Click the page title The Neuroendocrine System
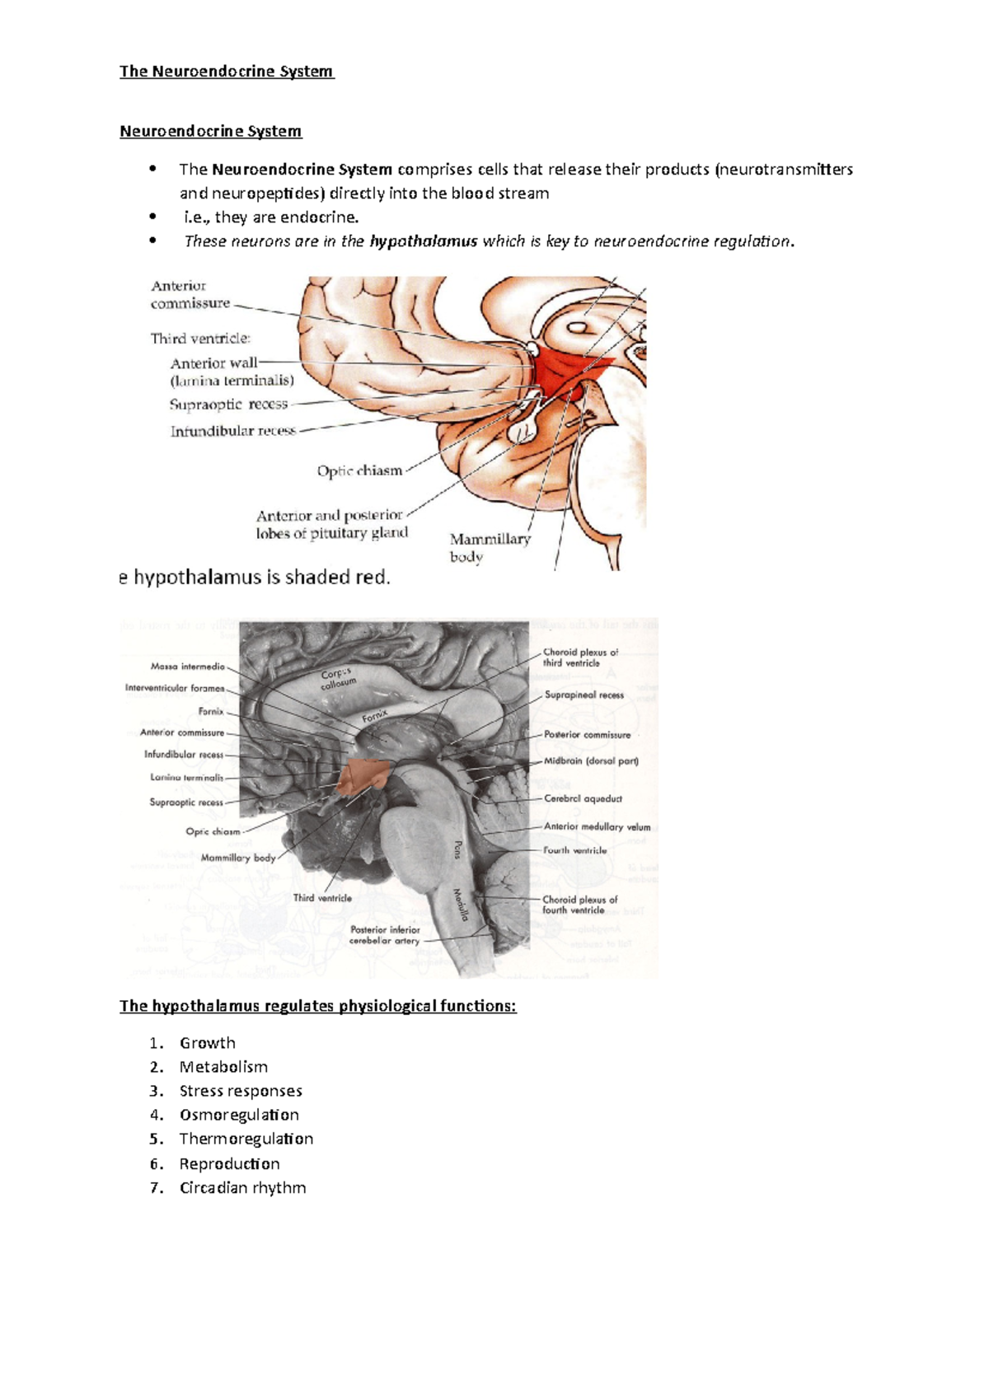[227, 72]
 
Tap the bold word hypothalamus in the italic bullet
[424, 241]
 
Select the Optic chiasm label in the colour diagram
[359, 471]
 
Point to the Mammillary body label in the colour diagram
[490, 547]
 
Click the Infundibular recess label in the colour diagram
[232, 431]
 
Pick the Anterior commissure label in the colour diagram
[190, 295]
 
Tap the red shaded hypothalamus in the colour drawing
[569, 371]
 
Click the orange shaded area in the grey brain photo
[363, 775]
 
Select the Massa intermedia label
[188, 667]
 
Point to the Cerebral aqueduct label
[583, 798]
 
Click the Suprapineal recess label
[584, 695]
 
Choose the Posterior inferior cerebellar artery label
[385, 935]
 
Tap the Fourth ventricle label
[574, 850]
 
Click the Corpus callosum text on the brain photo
[337, 679]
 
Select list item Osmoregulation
[239, 1115]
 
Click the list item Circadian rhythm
[242, 1187]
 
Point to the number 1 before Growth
[155, 1043]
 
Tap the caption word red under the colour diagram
[372, 578]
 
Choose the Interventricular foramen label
[175, 688]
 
